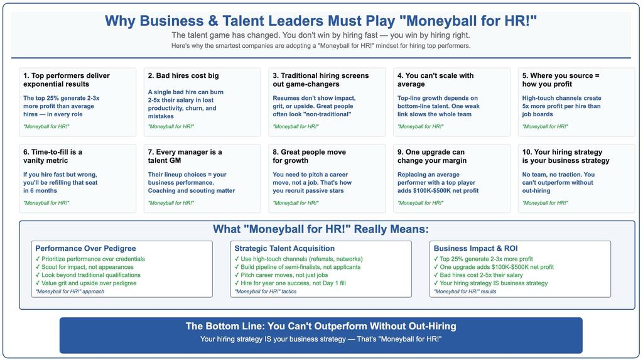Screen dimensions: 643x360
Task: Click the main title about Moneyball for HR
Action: point(321,21)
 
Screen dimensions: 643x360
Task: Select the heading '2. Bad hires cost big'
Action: point(183,75)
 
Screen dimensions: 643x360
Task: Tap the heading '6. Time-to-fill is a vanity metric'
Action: point(53,156)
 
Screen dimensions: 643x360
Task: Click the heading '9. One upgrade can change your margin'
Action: point(432,156)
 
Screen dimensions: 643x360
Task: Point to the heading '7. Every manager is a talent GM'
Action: point(185,156)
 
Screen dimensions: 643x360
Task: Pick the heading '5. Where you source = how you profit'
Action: point(561,80)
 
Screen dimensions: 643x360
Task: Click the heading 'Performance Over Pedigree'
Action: point(85,248)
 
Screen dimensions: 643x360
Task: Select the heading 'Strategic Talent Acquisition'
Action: point(284,248)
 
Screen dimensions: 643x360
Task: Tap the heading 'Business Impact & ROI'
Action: point(475,248)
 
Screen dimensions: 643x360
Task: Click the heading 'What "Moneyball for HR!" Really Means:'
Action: point(321,229)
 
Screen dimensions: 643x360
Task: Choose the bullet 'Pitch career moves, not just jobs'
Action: point(281,275)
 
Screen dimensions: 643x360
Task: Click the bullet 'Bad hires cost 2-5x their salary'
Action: point(478,275)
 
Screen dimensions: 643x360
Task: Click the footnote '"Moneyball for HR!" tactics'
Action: point(266,292)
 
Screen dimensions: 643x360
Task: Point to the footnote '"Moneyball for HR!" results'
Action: point(465,292)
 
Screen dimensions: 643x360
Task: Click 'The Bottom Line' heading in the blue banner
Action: point(321,326)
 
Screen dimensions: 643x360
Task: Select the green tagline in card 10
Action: point(545,203)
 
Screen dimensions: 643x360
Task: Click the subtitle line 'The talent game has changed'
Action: point(321,35)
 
